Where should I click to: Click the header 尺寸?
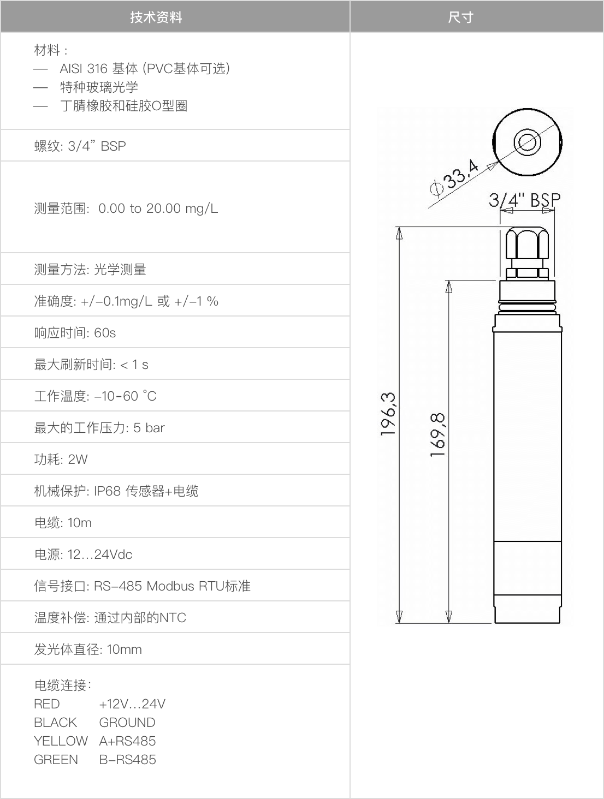(x=460, y=17)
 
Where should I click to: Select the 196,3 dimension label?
(x=388, y=414)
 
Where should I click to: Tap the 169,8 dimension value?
(x=437, y=434)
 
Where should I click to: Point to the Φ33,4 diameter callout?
(x=454, y=178)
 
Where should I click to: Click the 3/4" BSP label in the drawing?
(x=524, y=200)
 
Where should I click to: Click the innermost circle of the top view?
(x=527, y=141)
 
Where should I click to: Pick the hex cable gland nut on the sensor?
(x=527, y=243)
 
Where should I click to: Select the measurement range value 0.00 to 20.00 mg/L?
(x=158, y=208)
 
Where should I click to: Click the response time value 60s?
(x=105, y=333)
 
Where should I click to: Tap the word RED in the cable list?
(x=46, y=703)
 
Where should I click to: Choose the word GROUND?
(x=127, y=722)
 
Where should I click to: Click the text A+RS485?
(x=127, y=741)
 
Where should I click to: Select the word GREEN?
(x=56, y=759)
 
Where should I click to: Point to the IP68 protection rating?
(x=107, y=491)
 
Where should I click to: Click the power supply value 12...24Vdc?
(x=100, y=554)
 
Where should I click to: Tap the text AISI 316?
(x=84, y=68)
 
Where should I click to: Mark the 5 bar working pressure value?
(x=149, y=428)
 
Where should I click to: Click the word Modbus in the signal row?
(x=170, y=586)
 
